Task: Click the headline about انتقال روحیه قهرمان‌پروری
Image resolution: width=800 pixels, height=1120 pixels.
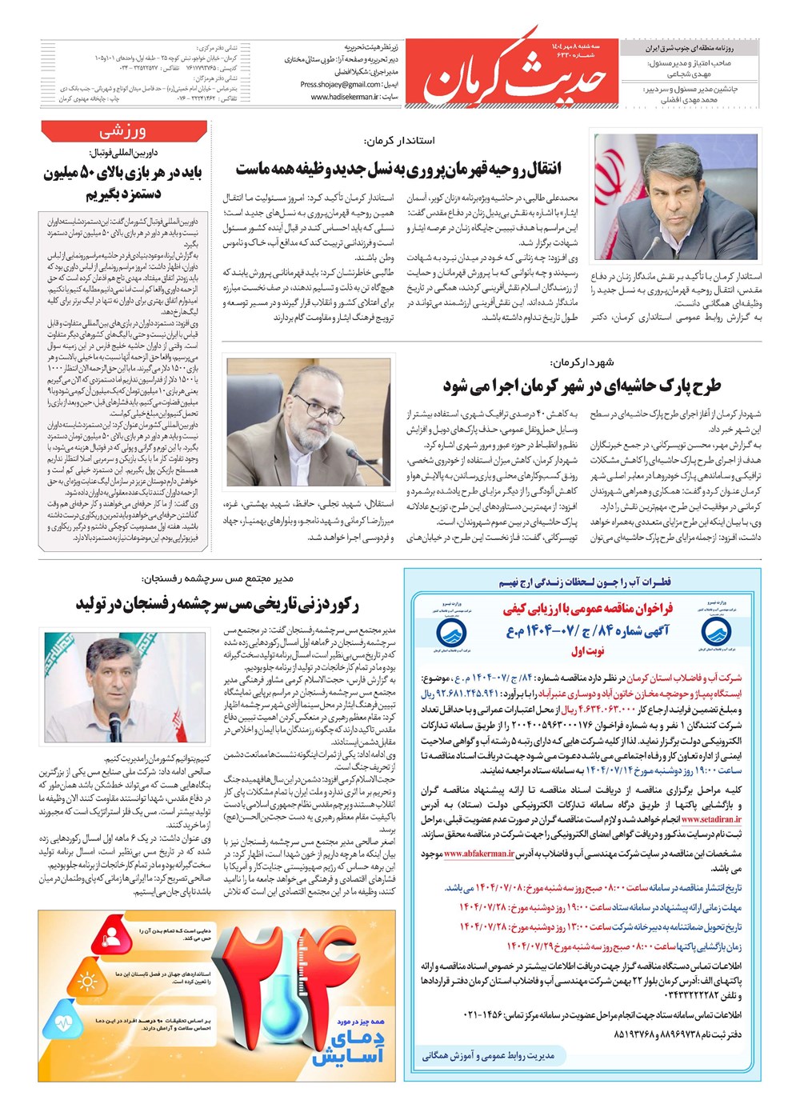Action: point(398,169)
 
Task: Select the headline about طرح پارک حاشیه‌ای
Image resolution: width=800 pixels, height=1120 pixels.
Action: point(582,386)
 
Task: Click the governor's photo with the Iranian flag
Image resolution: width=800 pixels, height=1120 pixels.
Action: point(676,199)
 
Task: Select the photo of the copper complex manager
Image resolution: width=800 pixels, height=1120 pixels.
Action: point(122,686)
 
